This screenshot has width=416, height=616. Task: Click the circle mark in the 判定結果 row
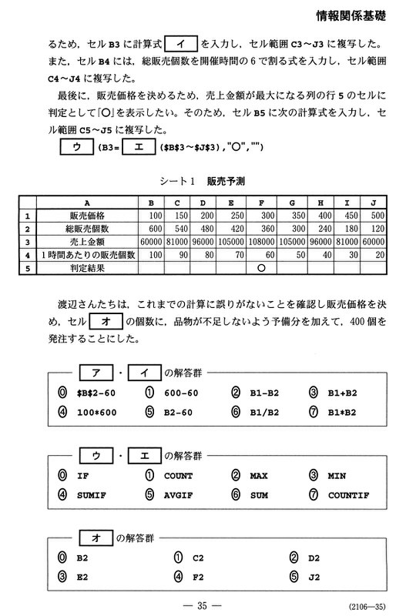(261, 269)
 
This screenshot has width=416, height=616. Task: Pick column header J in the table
(373, 203)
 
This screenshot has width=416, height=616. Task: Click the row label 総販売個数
(92, 229)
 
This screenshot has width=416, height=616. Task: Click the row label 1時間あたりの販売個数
(92, 255)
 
